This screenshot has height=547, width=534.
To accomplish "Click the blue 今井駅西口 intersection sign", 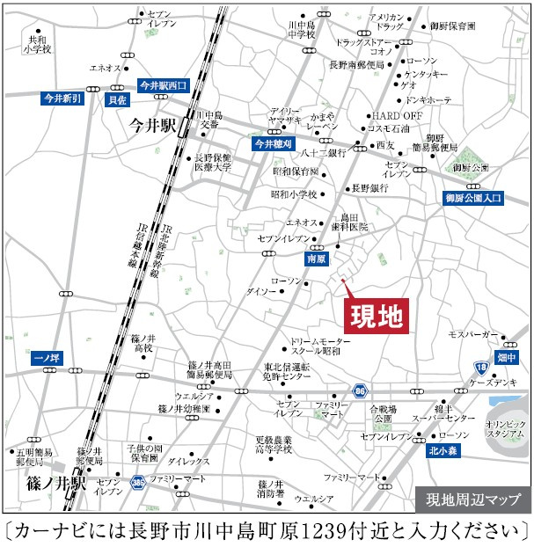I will coord(164,85).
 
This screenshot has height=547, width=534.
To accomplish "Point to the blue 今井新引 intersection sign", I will coord(62,98).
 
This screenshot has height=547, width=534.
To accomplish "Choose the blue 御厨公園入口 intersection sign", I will coord(473,199).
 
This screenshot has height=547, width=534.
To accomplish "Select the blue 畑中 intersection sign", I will coord(506,357).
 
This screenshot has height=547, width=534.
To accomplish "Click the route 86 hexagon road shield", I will coord(359,390).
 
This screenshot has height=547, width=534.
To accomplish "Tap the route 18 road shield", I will coord(480,367).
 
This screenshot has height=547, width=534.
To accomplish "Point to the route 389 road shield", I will coord(138,483).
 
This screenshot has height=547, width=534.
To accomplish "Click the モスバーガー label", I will coord(473,335).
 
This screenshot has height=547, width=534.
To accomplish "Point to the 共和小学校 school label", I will coord(39,45).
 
